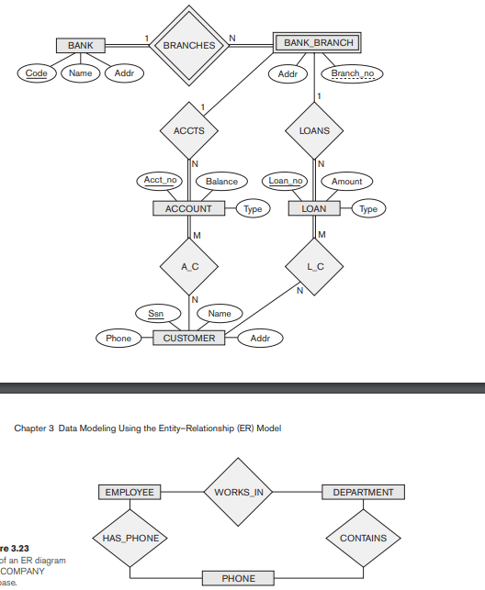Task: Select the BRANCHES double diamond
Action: pos(188,45)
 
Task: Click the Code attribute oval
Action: pos(37,73)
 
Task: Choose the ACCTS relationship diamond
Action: pos(188,130)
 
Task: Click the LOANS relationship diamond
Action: pos(314,130)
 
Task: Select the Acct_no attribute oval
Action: pos(160,181)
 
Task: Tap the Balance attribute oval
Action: pos(221,182)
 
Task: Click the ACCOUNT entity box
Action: pos(188,209)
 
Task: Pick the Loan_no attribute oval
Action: pos(285,182)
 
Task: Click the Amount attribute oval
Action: pos(346,182)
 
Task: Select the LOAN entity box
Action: pos(314,209)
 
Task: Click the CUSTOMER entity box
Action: pos(189,339)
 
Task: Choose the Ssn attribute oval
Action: pos(157,314)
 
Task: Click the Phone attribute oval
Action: pos(118,339)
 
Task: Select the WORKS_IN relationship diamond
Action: pos(239,493)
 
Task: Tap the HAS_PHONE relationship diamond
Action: pos(130,539)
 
